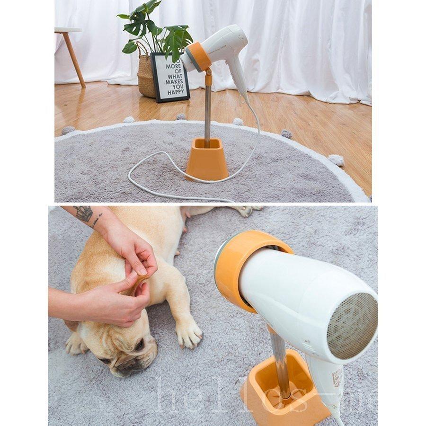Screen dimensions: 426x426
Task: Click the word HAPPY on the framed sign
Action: (175, 92)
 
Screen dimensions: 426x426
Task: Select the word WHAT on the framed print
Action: (174, 75)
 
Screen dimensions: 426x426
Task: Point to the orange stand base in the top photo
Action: (207, 161)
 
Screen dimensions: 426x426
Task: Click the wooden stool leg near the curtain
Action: (74, 59)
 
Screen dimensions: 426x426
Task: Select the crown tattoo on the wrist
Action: (84, 213)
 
